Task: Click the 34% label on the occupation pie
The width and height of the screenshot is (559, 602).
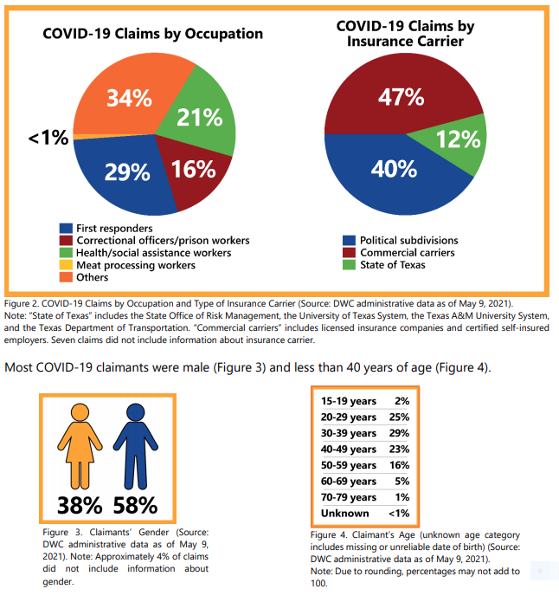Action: [x=131, y=99]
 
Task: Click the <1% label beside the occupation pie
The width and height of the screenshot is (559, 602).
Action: [x=48, y=138]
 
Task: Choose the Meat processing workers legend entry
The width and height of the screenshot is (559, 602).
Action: [x=135, y=265]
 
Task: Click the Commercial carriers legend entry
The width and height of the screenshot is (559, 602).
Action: [x=407, y=252]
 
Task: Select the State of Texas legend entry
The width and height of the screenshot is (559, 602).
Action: [x=392, y=265]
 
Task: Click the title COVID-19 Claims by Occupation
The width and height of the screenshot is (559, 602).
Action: [x=153, y=34]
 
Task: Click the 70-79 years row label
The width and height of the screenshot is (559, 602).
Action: [x=350, y=497]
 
